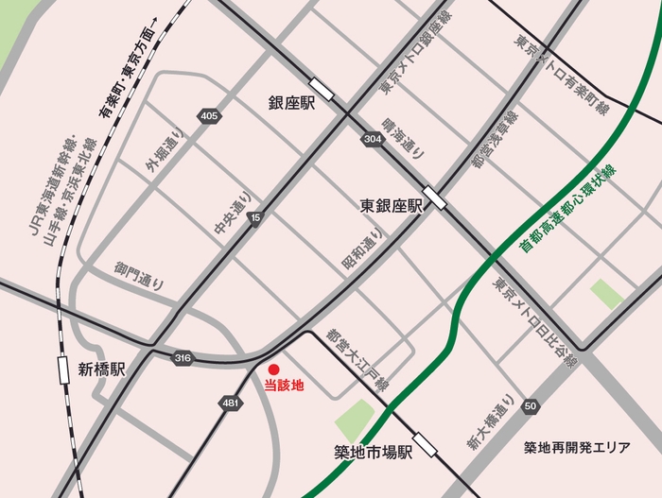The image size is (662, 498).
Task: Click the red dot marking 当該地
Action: [273, 369]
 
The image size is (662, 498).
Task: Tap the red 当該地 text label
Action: [283, 386]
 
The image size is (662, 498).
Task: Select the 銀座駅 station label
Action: [292, 101]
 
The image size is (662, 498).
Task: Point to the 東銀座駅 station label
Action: [391, 205]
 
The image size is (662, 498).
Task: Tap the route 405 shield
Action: [209, 115]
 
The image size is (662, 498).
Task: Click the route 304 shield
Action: [372, 139]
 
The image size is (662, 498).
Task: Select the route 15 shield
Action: [254, 218]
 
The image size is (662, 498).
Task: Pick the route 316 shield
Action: [183, 357]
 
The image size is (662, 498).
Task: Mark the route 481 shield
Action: [230, 403]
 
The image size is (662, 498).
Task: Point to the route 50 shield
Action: [531, 405]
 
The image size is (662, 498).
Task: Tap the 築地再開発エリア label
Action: [576, 447]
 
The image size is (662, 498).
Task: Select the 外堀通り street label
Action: [165, 150]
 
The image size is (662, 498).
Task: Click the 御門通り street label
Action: [140, 275]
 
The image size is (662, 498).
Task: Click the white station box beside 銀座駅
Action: [322, 90]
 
